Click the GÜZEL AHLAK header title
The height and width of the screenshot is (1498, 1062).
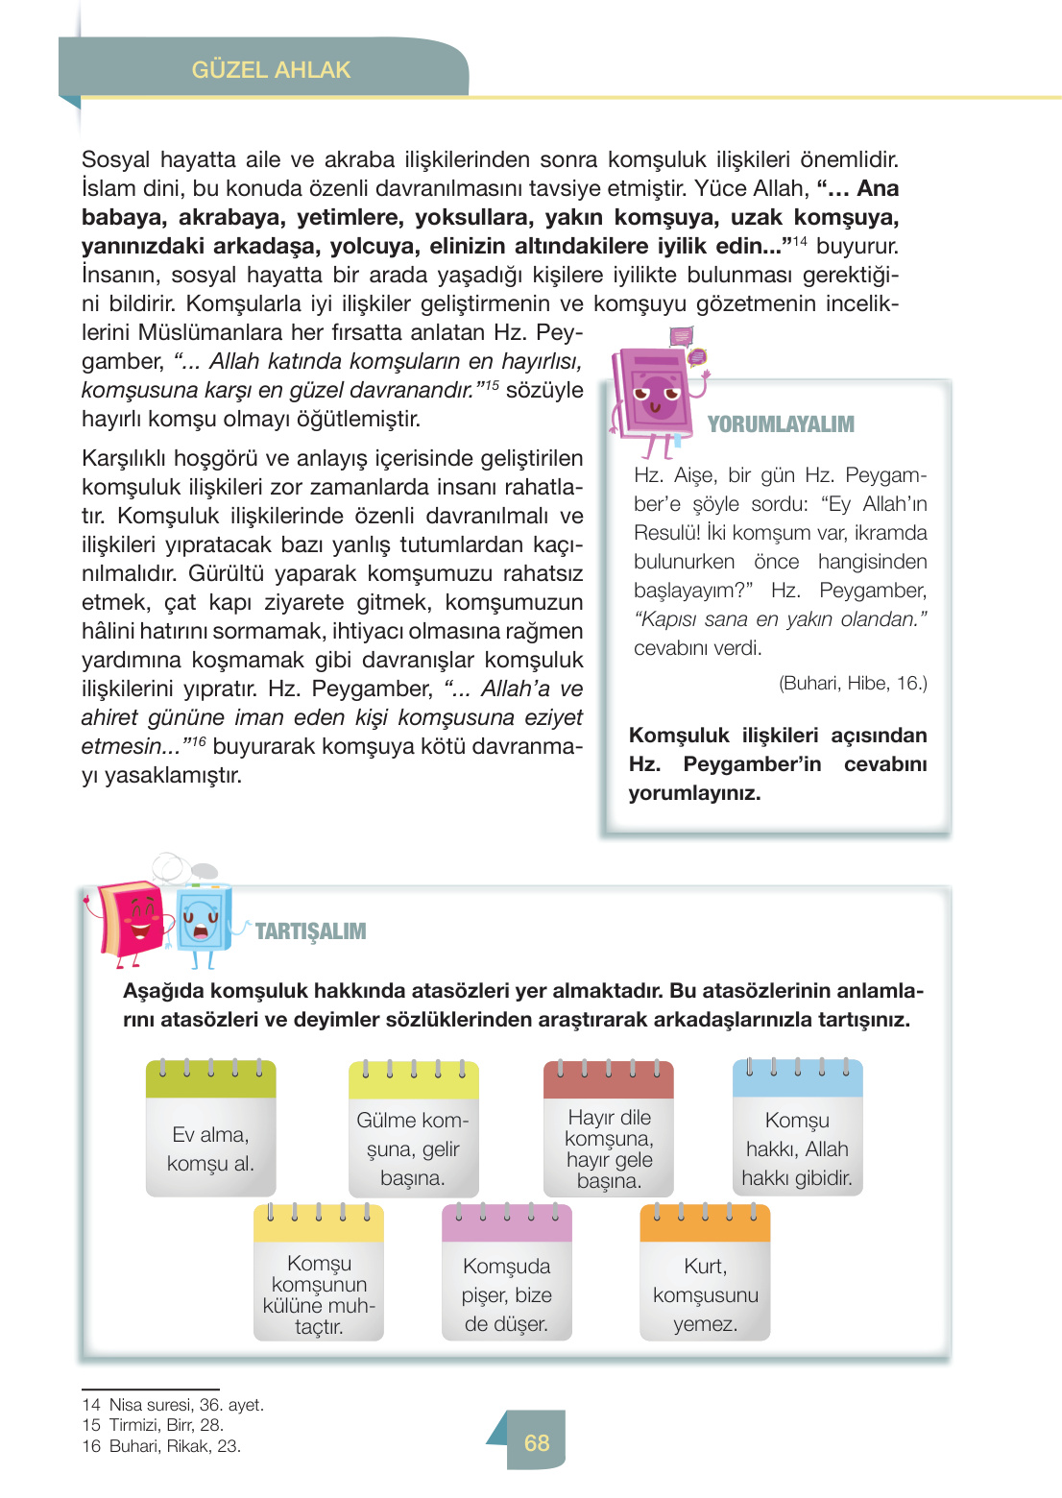click(x=271, y=70)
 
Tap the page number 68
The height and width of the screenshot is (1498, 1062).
click(x=537, y=1442)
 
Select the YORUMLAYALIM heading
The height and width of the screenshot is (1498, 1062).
click(x=781, y=424)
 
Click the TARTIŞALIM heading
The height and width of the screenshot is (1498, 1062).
click(x=310, y=931)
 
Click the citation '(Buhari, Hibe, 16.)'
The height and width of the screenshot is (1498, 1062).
click(x=853, y=684)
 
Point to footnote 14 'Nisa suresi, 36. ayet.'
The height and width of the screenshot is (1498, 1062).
click(x=174, y=1405)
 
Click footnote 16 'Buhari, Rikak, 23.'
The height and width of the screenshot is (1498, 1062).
click(x=162, y=1446)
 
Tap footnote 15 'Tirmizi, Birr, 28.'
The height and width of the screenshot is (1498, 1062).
click(x=154, y=1425)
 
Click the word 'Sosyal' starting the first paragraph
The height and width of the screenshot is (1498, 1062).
click(x=115, y=159)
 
